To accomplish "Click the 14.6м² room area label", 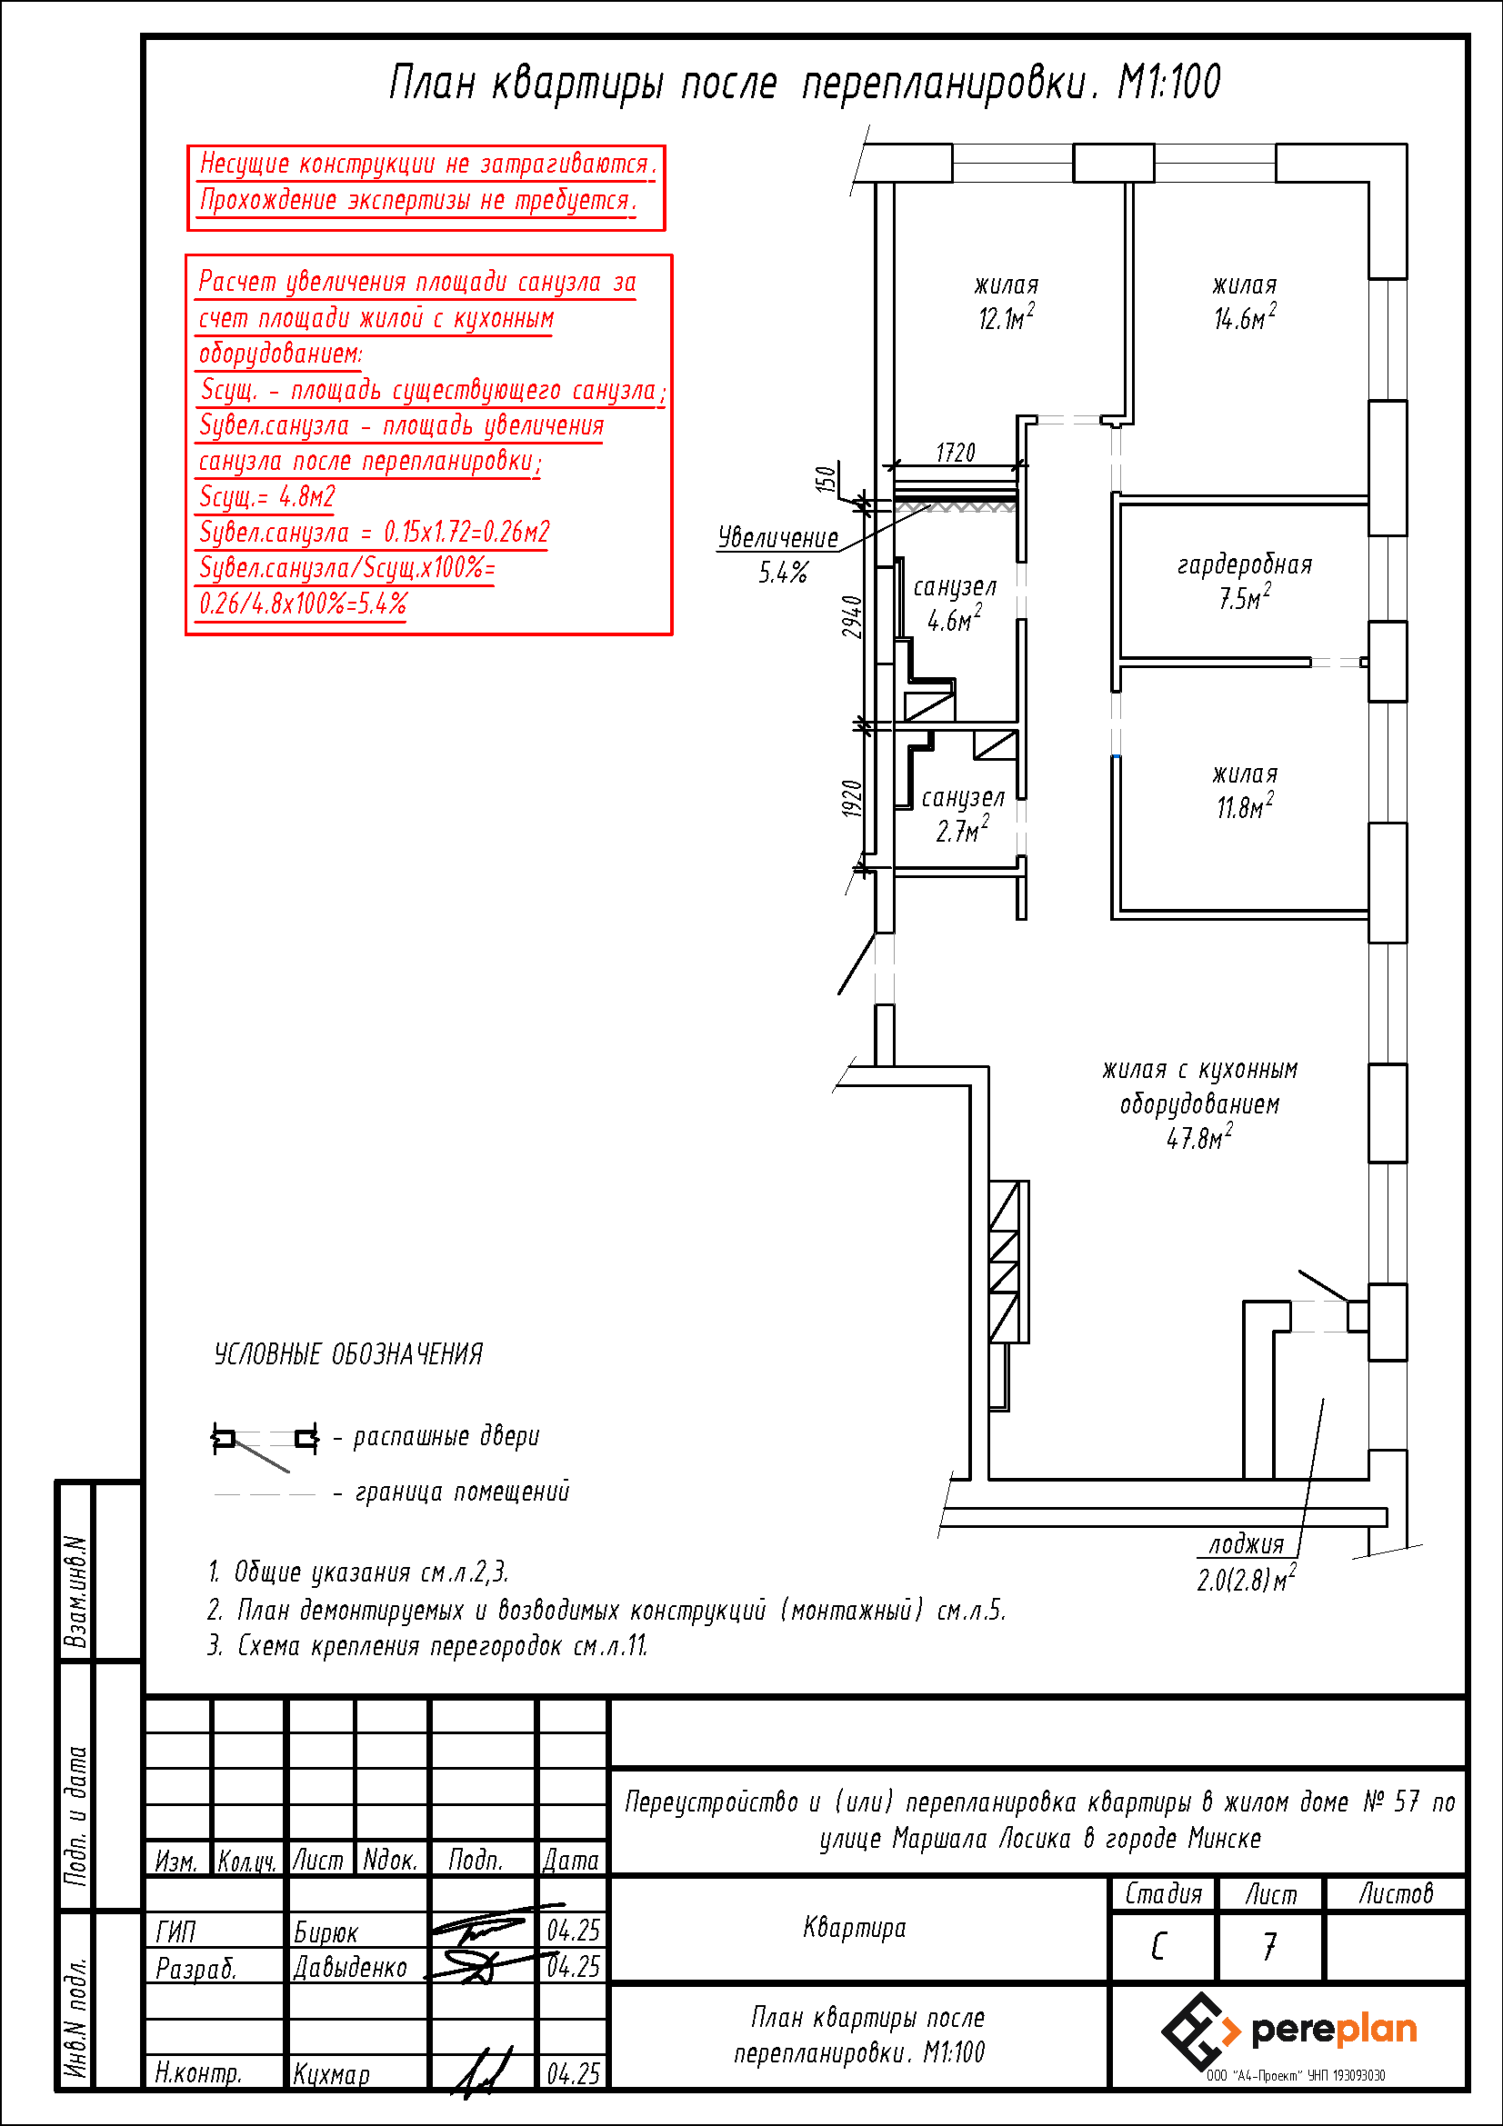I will pos(1244,317).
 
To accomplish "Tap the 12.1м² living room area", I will pos(1006,317).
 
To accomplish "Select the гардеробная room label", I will pos(1244,564).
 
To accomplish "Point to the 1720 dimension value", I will pos(955,453).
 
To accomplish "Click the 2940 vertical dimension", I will pos(852,616).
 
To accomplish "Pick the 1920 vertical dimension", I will pos(852,798).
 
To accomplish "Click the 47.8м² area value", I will pos(1199,1137).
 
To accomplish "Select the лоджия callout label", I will pos(1247,1544).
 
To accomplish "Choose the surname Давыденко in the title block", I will pos(350,1967).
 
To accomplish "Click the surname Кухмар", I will pos(331,2073).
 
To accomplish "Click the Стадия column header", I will pos(1163,1893).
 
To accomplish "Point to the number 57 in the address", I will pos(1406,1801).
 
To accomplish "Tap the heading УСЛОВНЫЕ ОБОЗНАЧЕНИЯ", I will pos(348,1354).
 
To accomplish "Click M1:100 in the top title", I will pos(1168,83).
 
